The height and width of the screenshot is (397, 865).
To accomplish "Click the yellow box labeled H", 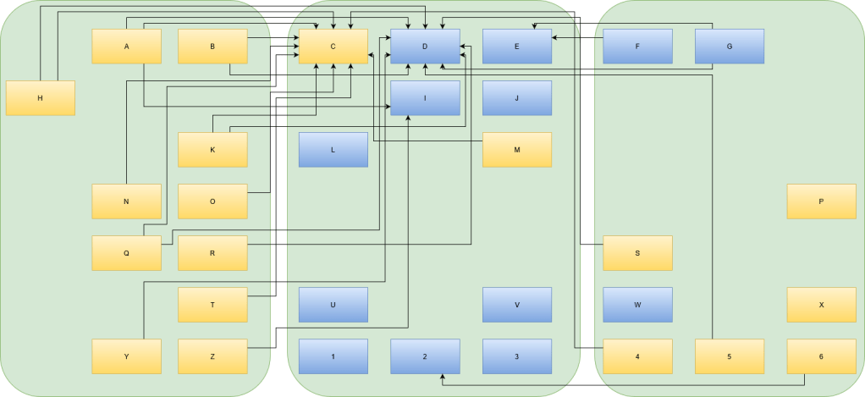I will coord(41,98).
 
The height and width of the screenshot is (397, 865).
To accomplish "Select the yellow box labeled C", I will coord(333,47).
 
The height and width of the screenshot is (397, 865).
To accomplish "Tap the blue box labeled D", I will coord(425,47).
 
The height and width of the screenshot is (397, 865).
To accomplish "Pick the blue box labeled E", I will coord(516,47).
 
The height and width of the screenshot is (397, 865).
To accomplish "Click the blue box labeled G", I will coord(729,47).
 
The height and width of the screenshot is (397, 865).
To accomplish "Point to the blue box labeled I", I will coord(425,98).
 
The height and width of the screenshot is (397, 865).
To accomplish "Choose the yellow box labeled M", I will coord(516,150).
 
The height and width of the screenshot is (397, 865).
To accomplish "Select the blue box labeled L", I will coord(333,150).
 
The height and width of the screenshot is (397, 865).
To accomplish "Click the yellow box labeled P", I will coord(821,201).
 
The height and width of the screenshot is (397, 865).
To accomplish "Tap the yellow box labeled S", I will coord(637,253).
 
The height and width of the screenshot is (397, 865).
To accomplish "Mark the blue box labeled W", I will coord(637,305).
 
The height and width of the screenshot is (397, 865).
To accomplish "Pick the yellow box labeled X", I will coord(821,305).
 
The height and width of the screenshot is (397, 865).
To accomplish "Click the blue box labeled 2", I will coord(425,356).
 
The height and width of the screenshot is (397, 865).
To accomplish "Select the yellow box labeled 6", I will coord(821,356).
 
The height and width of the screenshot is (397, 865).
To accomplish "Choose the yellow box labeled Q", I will coord(126,253).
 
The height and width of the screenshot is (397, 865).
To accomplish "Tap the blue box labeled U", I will coord(333,305).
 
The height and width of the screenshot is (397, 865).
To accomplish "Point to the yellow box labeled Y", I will coord(126,356).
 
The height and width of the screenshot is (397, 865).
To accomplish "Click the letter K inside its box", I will coord(212,150).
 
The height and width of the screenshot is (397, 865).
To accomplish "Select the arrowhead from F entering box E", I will coord(555,37).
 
